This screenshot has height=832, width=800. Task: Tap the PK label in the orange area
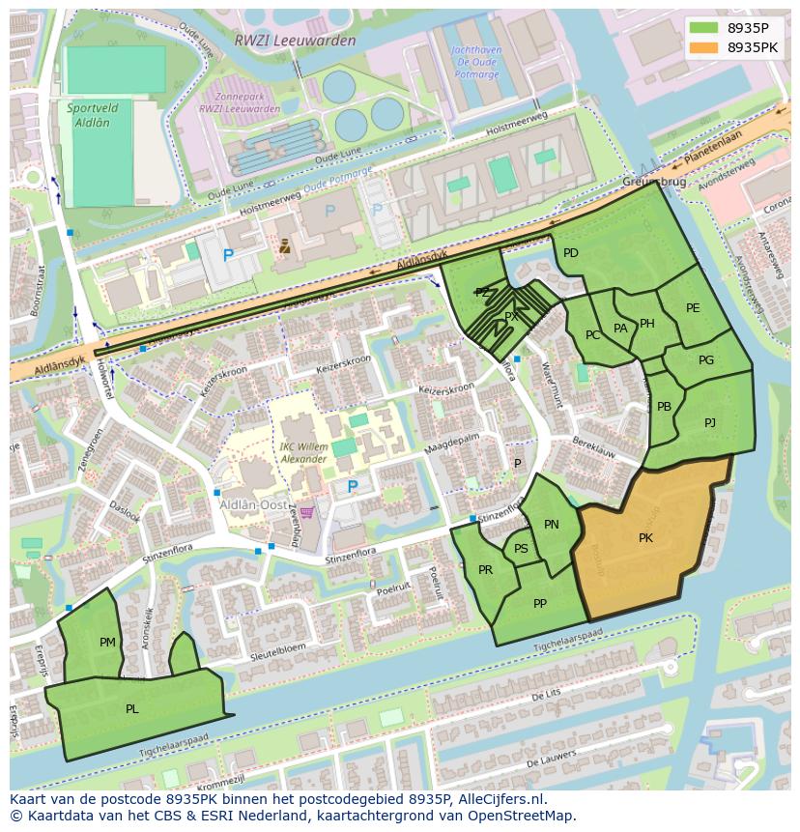[645, 538]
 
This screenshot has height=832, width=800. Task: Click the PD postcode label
[570, 253]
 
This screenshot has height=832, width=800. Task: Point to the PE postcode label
[693, 308]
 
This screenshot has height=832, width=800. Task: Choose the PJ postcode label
[710, 422]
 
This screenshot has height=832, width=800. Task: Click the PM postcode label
[107, 642]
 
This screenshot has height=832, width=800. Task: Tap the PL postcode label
[131, 708]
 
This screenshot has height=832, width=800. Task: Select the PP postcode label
[540, 604]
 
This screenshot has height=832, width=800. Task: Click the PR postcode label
[485, 570]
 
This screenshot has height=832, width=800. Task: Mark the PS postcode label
[521, 549]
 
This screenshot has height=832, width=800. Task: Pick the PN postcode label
[551, 525]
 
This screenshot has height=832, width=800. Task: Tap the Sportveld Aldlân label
[88, 115]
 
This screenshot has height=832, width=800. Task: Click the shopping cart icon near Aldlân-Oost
[307, 512]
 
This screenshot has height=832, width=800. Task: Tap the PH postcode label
[647, 324]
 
